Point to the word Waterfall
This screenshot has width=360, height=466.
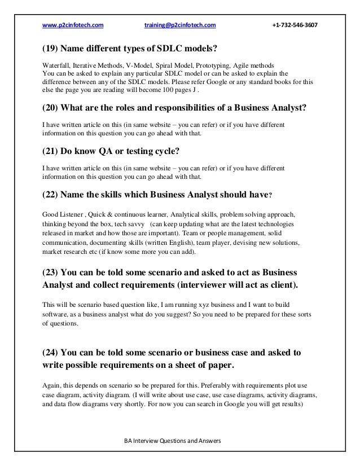click(x=55, y=64)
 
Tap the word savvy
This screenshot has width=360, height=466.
click(x=133, y=223)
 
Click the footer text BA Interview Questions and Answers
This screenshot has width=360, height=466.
click(x=174, y=441)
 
